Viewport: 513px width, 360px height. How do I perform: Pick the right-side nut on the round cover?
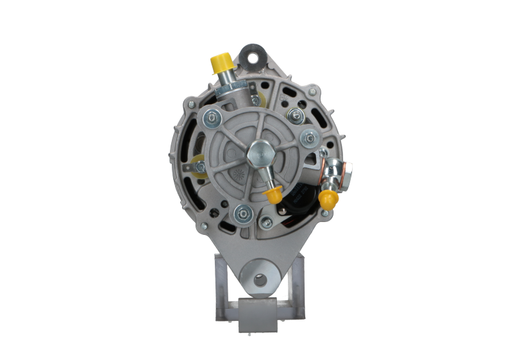pos(308,136)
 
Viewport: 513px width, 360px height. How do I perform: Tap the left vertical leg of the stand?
pos(219,282)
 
